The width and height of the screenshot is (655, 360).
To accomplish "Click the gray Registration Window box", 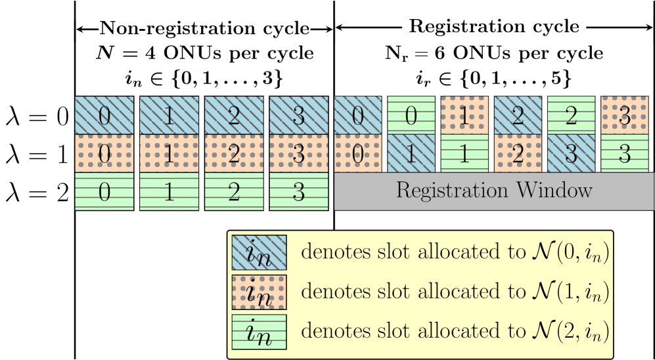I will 493,191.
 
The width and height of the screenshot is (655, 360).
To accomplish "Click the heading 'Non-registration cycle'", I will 204,29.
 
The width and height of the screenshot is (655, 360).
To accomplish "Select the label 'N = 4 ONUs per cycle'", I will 204,53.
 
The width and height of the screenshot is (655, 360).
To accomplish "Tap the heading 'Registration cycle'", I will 493,28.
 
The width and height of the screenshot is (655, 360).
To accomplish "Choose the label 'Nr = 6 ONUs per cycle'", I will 493,53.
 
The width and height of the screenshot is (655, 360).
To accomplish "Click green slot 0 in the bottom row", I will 104,191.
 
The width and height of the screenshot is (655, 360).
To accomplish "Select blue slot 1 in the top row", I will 169,116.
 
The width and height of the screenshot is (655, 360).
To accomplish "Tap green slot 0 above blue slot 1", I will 411,116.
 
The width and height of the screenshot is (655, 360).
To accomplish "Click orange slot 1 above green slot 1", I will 464,116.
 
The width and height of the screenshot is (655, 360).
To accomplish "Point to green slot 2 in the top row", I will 571,116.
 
